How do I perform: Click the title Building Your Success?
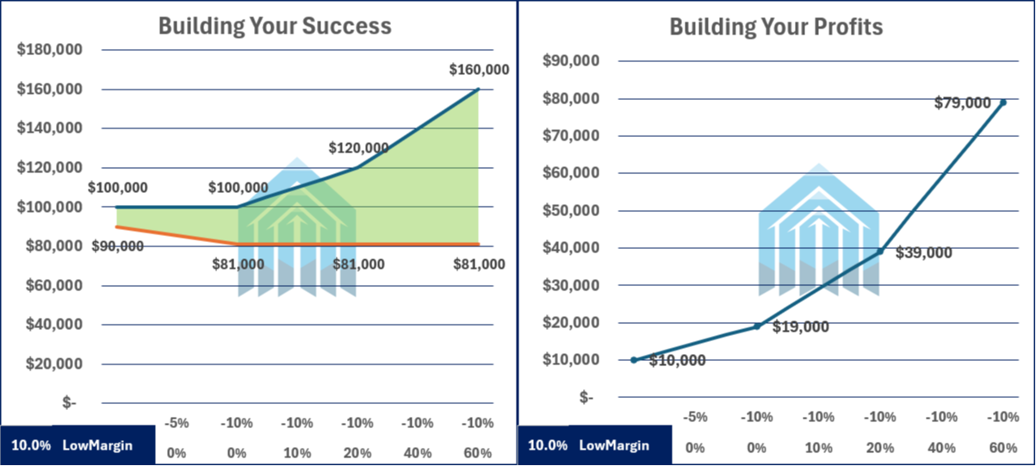point(275,26)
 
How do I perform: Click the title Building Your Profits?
point(776,27)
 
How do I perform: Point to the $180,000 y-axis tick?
point(49,50)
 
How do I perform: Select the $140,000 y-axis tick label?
point(49,128)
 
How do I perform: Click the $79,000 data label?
point(963,103)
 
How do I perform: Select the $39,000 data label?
point(924,253)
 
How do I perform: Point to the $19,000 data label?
point(801,327)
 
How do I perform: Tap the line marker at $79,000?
point(1002,103)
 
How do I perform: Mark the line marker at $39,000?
point(879,252)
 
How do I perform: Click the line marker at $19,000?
point(757,326)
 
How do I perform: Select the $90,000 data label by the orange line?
point(118,245)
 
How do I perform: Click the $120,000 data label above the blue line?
point(358,148)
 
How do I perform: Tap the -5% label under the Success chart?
point(177,423)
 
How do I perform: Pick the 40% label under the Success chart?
point(418,452)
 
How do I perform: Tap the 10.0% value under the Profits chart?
point(547,445)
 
